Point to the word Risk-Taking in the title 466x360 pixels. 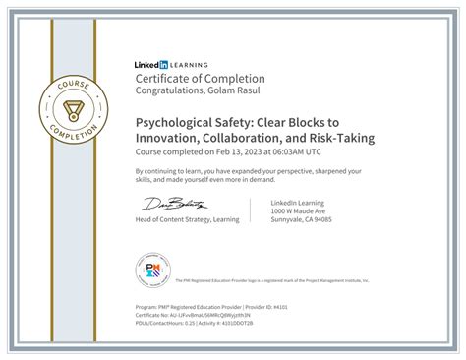[342, 138]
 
